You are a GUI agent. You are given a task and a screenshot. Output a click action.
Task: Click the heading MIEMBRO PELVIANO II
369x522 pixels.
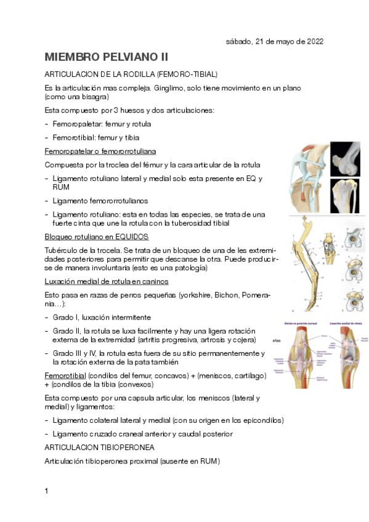tap(106, 57)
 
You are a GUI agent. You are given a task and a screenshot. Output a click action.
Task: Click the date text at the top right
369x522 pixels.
tap(274, 41)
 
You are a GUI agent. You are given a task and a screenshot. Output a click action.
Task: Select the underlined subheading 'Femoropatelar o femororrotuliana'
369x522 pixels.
tap(100, 151)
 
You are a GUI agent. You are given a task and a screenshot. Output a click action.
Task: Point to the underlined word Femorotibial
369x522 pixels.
tap(65, 375)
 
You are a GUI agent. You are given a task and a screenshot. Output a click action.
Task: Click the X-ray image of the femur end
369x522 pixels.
tap(345, 158)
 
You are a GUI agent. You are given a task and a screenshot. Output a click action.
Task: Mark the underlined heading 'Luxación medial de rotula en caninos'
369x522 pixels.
tap(107, 281)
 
